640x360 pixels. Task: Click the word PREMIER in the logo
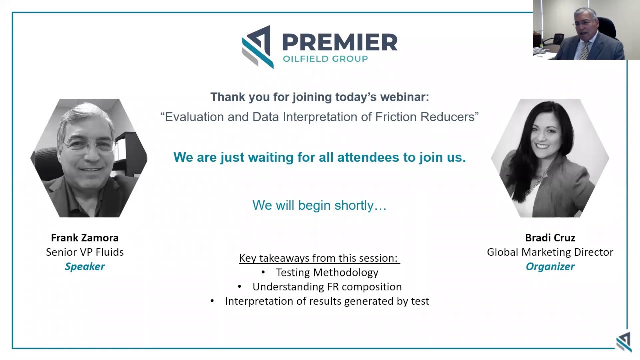coord(340,42)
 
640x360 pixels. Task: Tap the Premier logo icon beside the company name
coord(258,47)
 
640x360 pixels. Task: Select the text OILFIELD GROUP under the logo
coord(325,59)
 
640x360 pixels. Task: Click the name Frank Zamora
coord(85,238)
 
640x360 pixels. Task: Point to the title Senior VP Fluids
coord(85,252)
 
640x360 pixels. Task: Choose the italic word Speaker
coord(85,267)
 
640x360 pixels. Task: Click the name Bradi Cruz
coord(550,238)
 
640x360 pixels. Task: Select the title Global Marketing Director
coord(550,252)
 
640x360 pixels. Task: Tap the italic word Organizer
coord(550,267)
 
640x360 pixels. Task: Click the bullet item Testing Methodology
coord(327,273)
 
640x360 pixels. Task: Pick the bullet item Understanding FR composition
coord(327,287)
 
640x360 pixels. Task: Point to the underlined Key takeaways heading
coord(319,258)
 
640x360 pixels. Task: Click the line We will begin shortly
coord(319,205)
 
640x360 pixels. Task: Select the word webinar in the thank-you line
coord(406,97)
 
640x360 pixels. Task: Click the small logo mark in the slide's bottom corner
coord(623,341)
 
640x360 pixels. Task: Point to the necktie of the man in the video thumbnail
coord(584,50)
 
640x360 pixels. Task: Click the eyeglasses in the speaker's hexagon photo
coord(88,145)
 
